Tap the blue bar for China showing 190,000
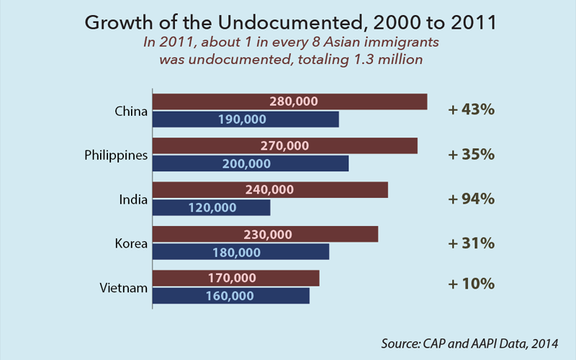point(246,120)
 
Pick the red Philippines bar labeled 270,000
point(284,145)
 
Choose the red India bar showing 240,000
point(270,190)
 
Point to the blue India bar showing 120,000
point(212,207)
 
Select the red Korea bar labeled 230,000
point(265,234)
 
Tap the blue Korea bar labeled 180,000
point(240,252)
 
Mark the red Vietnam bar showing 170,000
point(235,278)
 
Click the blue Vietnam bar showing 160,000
point(230,296)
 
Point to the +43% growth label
point(471,110)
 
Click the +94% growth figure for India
point(471,199)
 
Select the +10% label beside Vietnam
point(471,284)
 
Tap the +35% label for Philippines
point(471,154)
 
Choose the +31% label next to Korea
point(471,243)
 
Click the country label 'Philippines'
point(116,155)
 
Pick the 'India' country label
point(132,199)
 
